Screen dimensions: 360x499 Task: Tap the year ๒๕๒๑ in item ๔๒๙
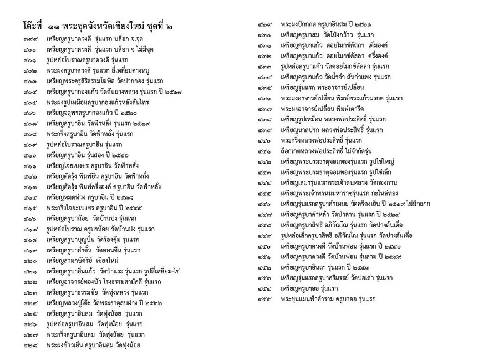point(362,25)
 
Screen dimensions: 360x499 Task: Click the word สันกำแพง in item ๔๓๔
point(385,77)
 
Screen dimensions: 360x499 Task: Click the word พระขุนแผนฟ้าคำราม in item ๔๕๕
point(309,298)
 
